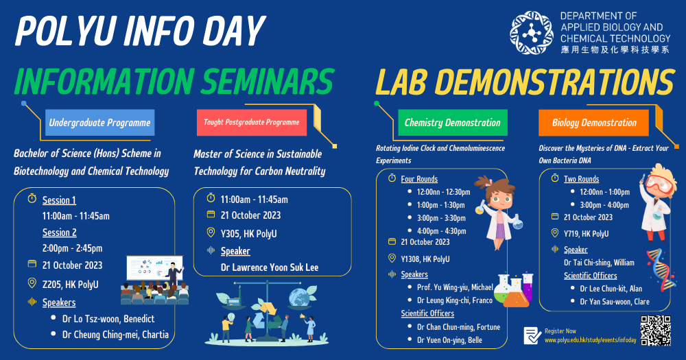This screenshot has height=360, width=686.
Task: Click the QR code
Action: point(655,330)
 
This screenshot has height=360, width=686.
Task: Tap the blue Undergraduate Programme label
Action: point(99,123)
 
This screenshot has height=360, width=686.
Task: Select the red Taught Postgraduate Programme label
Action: point(251,123)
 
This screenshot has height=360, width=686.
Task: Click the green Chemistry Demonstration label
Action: point(452,123)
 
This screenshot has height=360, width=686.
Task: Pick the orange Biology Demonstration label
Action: point(594,123)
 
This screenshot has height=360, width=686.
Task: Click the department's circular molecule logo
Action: point(531,32)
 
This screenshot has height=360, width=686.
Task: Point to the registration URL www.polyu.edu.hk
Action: point(591,339)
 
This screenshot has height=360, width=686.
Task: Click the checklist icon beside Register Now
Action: point(532,335)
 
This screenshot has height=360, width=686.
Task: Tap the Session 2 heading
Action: point(59,232)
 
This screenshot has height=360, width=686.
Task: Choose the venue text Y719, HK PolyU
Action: point(586,233)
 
